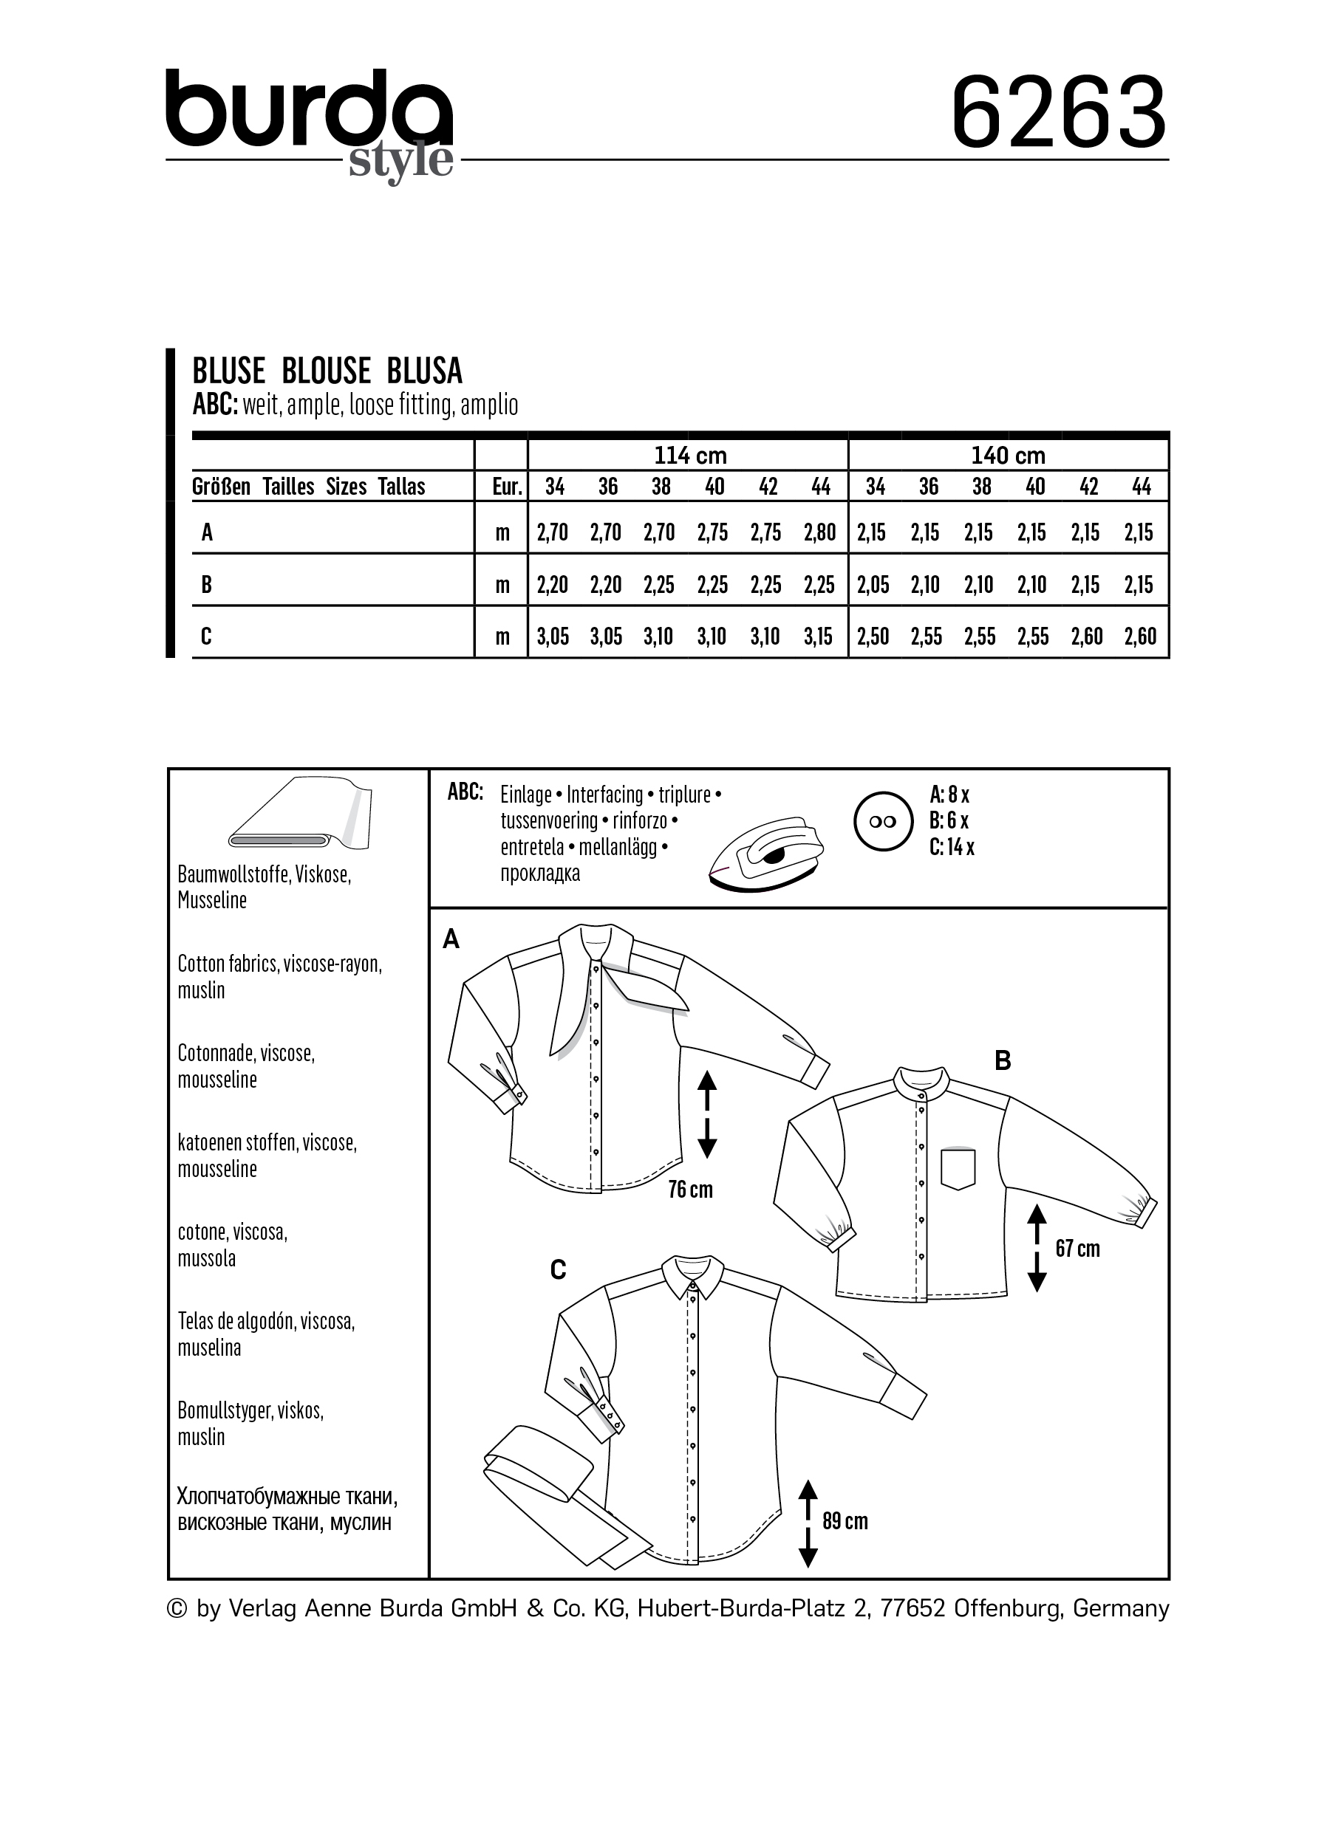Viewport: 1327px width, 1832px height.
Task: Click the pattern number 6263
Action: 1058,112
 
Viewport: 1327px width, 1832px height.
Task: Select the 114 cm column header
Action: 689,456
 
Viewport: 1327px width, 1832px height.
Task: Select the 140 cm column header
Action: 1008,456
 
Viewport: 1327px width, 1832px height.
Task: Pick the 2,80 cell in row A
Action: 819,532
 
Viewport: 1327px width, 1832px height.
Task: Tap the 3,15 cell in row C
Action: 818,637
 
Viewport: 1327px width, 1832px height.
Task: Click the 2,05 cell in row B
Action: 873,585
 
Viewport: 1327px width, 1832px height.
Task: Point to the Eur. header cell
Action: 507,487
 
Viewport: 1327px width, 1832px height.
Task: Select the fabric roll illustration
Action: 300,816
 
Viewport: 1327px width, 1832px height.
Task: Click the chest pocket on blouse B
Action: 958,1168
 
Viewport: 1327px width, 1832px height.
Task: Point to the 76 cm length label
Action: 690,1189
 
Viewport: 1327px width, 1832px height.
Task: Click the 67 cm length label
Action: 1077,1249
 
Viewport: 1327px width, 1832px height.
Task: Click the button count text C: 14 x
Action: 952,848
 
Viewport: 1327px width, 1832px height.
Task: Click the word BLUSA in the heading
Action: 424,371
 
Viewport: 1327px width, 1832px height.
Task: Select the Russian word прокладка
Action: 540,874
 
